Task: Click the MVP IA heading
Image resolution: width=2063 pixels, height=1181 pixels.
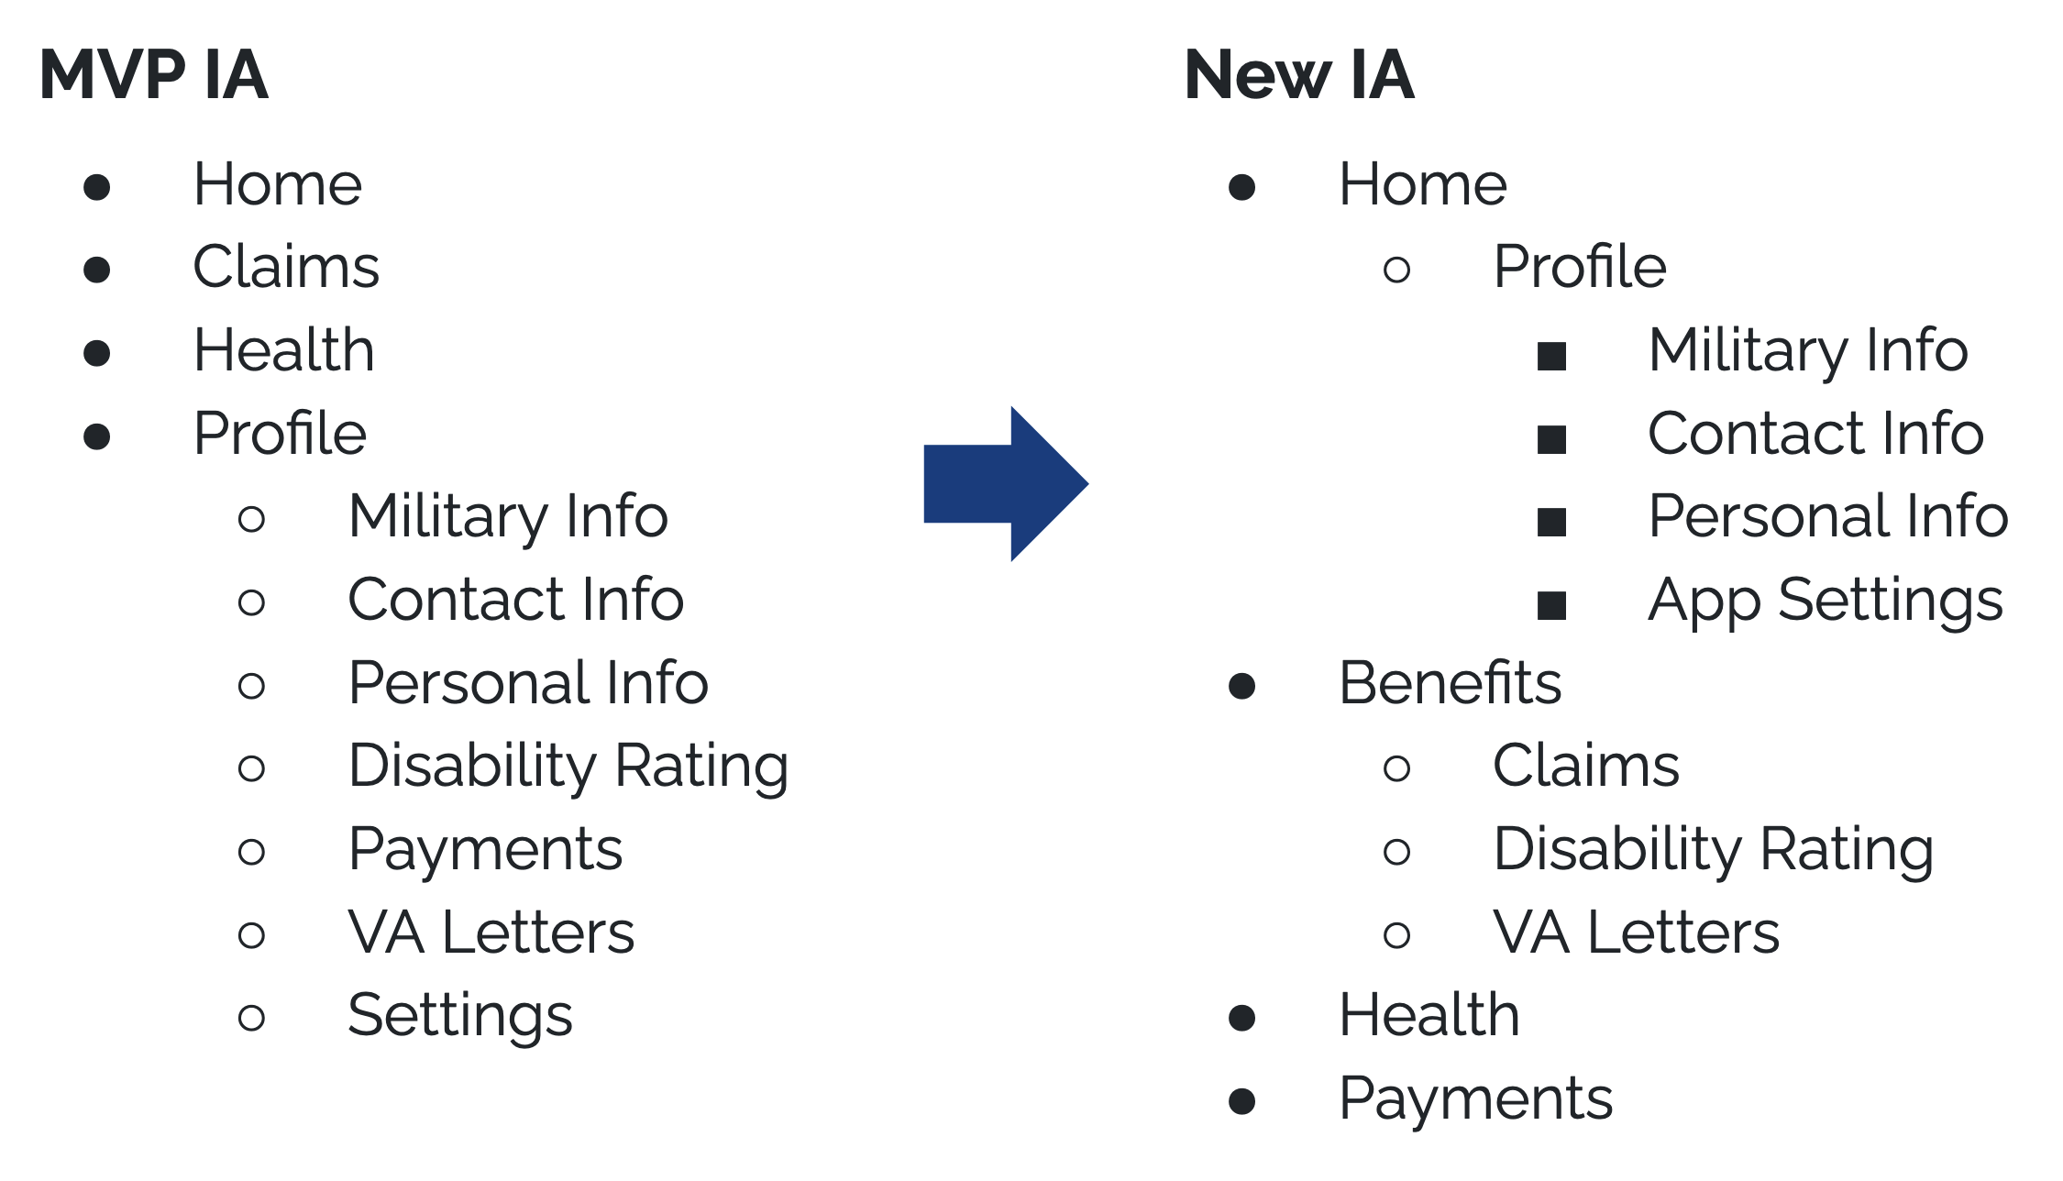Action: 153,74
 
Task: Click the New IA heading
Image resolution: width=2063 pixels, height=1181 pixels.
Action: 1298,74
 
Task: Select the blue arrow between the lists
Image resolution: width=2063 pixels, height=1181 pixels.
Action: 1005,483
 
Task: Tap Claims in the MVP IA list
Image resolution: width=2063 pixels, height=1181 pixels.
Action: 286,267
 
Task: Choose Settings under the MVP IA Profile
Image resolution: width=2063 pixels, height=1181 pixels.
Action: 460,1015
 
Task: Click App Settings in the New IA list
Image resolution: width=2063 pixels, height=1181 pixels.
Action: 1825,601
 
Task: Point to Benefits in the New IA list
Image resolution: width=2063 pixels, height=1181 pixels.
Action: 1450,683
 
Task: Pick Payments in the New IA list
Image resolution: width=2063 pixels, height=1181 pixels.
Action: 1475,1098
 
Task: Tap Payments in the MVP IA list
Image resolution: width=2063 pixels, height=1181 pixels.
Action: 486,849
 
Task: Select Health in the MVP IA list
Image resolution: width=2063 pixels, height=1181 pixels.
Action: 284,350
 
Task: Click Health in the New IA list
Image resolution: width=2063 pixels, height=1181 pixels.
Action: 1429,1015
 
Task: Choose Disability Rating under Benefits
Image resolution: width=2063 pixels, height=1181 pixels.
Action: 1713,849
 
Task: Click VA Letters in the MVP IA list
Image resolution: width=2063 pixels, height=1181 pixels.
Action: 491,933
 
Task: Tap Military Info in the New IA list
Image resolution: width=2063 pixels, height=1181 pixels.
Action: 1807,350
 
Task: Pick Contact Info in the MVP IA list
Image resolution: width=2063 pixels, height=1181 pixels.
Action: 516,600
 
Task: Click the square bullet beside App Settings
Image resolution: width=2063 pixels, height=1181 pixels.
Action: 1551,605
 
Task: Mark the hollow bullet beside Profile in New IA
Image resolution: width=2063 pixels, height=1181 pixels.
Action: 1396,270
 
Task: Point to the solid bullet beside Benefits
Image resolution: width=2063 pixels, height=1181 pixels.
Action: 1241,686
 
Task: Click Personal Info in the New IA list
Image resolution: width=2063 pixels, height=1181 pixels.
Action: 1827,516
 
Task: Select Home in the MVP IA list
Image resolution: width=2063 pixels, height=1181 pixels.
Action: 278,184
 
